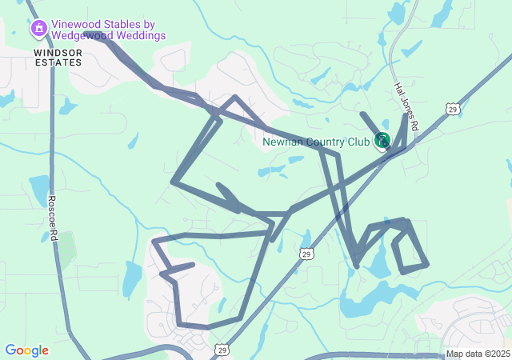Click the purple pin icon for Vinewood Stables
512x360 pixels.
(x=38, y=30)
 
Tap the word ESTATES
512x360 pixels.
(x=58, y=62)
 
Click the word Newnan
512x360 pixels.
(x=282, y=142)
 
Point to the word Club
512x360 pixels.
(x=359, y=142)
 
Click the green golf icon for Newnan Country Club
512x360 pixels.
(x=382, y=141)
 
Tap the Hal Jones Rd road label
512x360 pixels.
(x=406, y=107)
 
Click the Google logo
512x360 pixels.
(x=26, y=350)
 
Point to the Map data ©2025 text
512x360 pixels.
(x=477, y=354)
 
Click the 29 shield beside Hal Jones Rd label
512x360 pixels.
(x=453, y=109)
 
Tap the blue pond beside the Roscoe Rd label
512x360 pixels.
(x=38, y=190)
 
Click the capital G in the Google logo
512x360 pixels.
(x=10, y=350)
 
